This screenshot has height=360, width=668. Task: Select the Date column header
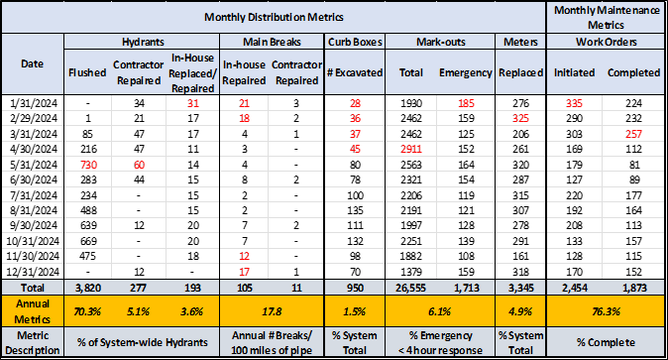tap(32, 62)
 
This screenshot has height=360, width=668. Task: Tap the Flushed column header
tap(87, 72)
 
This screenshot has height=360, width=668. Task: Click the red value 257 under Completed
tap(635, 134)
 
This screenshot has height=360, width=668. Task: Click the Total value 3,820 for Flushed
tap(87, 287)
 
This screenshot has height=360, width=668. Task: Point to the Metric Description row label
tap(32, 342)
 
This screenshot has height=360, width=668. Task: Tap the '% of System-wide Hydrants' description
tap(149, 342)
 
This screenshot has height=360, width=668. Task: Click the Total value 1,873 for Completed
tap(635, 287)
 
